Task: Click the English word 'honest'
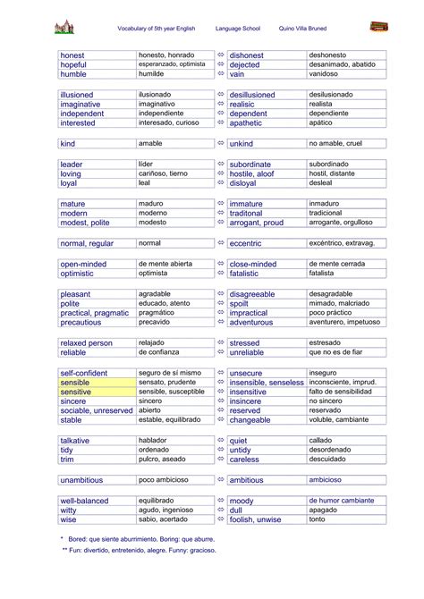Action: click(73, 55)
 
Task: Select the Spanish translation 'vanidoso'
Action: click(326, 75)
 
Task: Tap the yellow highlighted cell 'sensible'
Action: click(76, 382)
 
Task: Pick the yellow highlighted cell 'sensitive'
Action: click(76, 392)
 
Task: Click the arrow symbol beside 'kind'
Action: click(221, 143)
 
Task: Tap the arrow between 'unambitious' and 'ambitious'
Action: click(221, 479)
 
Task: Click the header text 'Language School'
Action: click(240, 29)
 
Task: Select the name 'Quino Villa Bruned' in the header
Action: click(303, 29)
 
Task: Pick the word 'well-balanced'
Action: click(84, 501)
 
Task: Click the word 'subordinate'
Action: click(250, 165)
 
